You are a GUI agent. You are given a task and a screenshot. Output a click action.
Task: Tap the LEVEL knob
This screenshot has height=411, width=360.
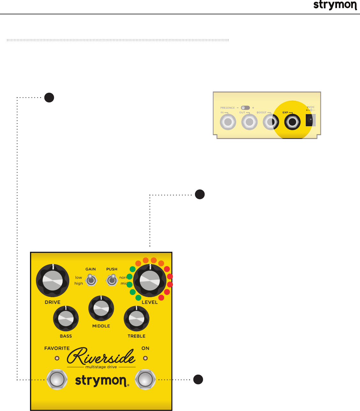click(x=150, y=281)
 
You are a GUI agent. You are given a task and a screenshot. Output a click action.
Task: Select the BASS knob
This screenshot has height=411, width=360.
click(x=66, y=319)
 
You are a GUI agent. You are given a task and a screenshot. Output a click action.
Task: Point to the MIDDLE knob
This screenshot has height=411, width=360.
click(x=101, y=308)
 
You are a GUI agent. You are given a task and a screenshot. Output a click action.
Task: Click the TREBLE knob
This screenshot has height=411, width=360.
click(x=136, y=319)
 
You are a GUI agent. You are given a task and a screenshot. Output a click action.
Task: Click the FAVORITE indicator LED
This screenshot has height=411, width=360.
click(x=57, y=358)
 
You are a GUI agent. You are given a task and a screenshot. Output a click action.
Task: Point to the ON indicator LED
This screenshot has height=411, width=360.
click(x=146, y=358)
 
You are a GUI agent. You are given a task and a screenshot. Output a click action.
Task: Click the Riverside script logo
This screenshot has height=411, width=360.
click(x=101, y=356)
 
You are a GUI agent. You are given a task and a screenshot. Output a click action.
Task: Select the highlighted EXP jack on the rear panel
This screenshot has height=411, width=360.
click(x=292, y=122)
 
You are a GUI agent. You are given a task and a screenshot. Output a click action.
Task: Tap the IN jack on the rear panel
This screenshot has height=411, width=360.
click(x=228, y=122)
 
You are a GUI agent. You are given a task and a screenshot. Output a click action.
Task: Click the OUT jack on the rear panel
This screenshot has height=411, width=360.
click(x=249, y=122)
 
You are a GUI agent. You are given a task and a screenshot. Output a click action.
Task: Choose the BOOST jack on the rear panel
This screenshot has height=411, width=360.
click(x=271, y=122)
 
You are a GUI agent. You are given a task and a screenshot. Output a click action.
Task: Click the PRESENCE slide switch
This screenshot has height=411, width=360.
click(x=245, y=108)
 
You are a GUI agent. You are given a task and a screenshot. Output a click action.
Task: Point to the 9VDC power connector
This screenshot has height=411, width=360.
click(x=310, y=120)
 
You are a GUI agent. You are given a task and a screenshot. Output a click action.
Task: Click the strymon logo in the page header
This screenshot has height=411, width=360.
click(x=335, y=5)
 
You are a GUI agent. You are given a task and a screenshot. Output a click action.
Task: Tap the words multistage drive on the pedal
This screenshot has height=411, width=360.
click(x=101, y=367)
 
